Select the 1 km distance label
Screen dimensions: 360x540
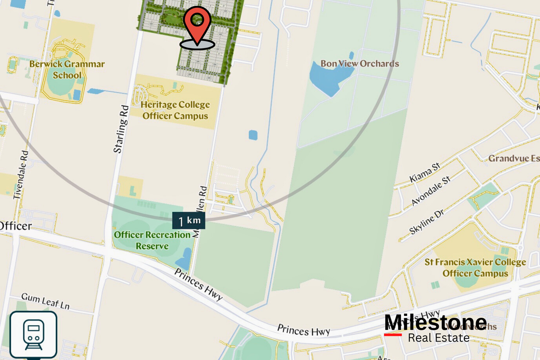[189, 221]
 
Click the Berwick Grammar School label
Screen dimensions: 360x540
[67, 69]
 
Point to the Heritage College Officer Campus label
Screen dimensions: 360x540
[175, 110]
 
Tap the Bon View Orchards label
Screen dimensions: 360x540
[360, 63]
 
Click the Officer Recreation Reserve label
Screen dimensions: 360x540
[146, 240]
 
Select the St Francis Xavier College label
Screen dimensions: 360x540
[475, 267]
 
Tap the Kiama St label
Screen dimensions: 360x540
[424, 174]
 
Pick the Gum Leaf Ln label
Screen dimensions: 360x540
[45, 302]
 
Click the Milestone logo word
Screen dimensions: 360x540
[435, 323]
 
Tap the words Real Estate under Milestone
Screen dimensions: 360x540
[438, 337]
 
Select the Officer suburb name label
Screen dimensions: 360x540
[16, 225]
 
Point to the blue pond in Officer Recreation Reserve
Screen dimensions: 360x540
[184, 261]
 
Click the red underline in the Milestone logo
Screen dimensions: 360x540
[393, 334]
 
